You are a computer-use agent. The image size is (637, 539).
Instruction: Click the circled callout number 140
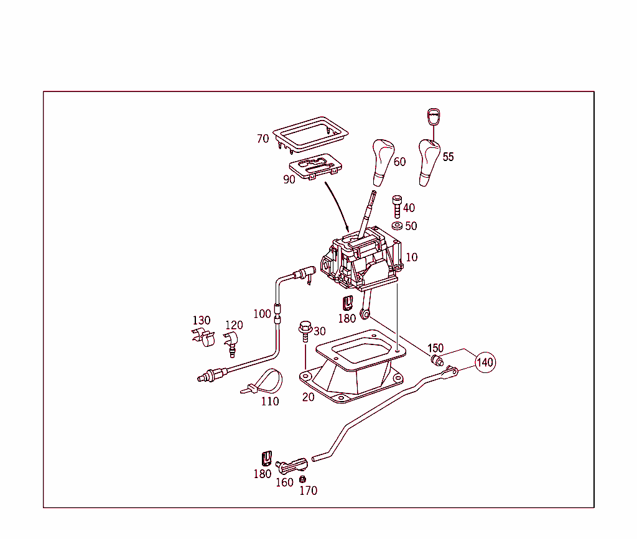[485, 362]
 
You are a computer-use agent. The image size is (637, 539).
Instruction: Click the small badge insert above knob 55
[433, 117]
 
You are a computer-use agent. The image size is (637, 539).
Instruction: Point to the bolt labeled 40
[396, 206]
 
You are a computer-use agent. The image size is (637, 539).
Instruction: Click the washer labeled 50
[396, 226]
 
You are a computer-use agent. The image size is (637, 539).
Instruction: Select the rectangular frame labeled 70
[310, 133]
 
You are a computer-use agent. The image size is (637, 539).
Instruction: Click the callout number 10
[411, 257]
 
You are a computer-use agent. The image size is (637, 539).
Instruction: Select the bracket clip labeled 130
[204, 338]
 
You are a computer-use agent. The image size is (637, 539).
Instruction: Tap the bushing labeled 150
[437, 360]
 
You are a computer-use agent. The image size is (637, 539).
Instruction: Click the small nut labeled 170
[303, 479]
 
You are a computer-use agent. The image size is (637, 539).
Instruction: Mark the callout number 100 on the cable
[262, 313]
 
